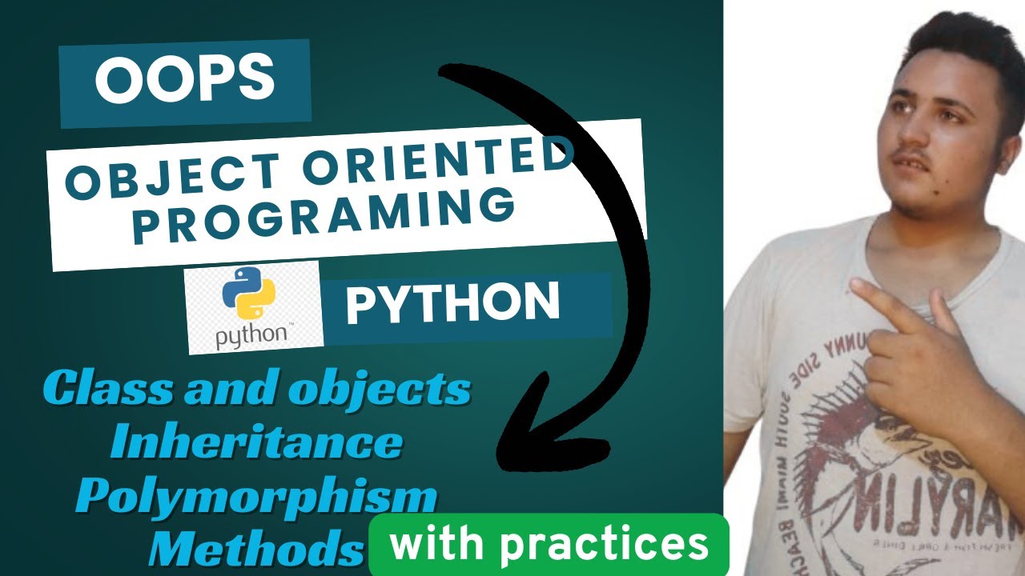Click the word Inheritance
point(256,442)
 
